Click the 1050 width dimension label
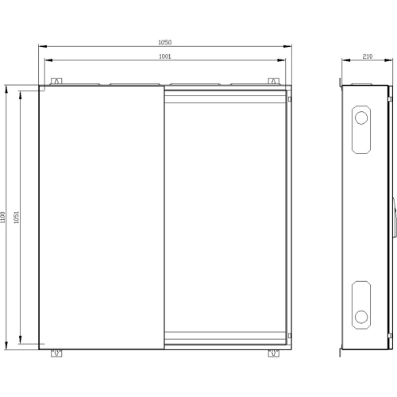[164, 42]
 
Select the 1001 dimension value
[164, 56]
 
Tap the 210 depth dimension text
[368, 56]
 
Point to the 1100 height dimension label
[2, 218]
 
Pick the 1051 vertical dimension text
[17, 218]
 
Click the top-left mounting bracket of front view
[56, 81]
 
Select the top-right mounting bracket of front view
[274, 81]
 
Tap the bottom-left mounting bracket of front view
[56, 353]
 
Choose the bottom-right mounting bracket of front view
[274, 353]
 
